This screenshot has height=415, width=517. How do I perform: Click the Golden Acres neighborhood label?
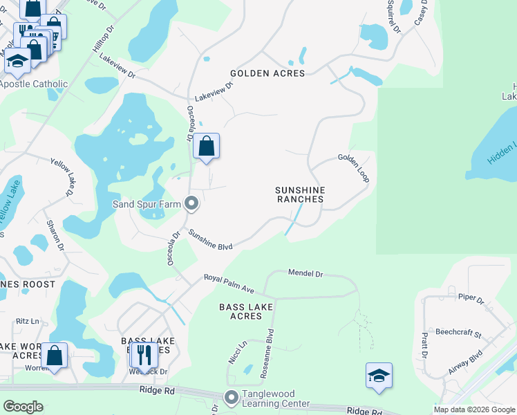point(267,73)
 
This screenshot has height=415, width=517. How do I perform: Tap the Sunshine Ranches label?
point(299,194)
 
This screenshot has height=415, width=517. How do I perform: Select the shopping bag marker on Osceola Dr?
point(206,147)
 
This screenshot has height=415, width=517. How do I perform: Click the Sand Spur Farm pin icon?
point(192,204)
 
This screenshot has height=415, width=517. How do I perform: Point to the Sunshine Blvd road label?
point(210,240)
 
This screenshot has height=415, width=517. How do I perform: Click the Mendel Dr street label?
point(305,274)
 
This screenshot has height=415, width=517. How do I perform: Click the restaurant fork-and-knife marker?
point(144,355)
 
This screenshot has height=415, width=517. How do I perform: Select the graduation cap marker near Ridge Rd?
point(379,376)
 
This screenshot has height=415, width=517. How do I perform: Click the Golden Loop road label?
point(353,167)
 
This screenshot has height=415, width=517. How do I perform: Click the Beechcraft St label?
point(458,333)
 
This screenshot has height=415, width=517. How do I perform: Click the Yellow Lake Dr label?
point(62,176)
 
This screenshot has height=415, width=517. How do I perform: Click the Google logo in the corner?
point(23,407)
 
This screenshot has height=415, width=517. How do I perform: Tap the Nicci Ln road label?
point(237,353)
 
